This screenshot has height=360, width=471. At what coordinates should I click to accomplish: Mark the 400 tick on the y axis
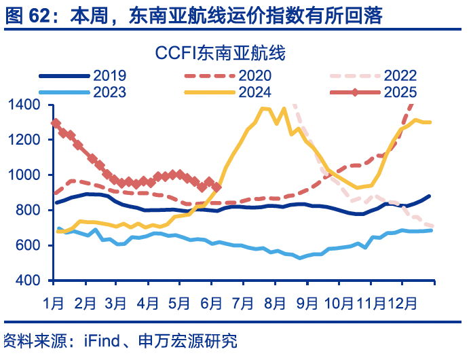(30, 281)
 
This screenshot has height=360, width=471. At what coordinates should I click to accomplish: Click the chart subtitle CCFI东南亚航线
(221, 52)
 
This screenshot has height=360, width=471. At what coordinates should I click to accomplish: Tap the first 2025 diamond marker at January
(56, 123)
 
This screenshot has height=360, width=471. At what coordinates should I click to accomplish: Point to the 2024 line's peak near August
(264, 108)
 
